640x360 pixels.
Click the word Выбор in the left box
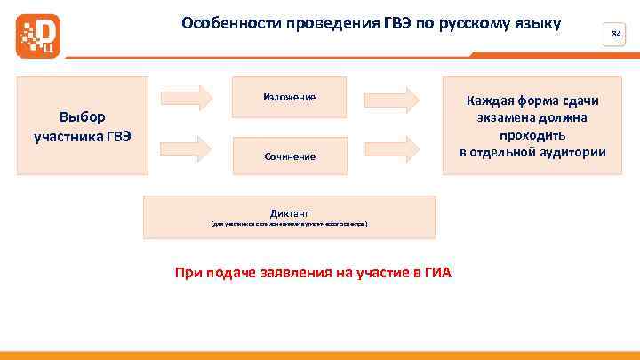click(x=82, y=116)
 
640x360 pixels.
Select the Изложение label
click(x=289, y=96)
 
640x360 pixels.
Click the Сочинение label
click(x=289, y=156)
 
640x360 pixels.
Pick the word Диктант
click(x=289, y=213)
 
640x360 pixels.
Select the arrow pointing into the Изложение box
click(x=188, y=96)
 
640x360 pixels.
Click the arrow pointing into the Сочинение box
click(x=188, y=144)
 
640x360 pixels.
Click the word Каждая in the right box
click(x=487, y=100)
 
